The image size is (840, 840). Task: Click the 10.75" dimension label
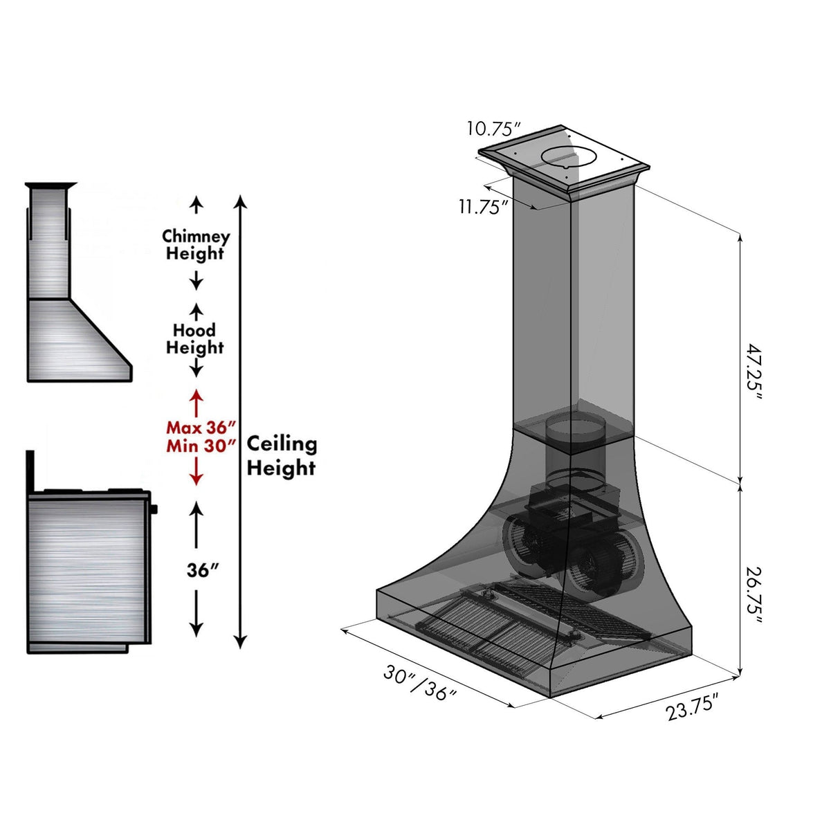click(493, 129)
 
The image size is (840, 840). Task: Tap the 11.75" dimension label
click(484, 206)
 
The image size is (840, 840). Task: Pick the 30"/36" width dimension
click(420, 682)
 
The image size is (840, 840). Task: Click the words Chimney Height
click(196, 245)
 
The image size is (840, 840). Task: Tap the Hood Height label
click(194, 339)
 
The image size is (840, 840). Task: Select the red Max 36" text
click(201, 428)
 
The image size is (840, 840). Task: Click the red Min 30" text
click(201, 446)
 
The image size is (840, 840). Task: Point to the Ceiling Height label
click(282, 455)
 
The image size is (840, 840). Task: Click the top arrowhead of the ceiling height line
click(240, 201)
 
